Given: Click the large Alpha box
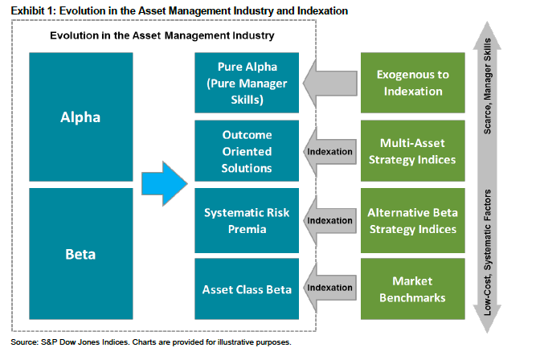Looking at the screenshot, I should click(x=80, y=117).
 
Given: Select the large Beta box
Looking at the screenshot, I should click(x=80, y=255).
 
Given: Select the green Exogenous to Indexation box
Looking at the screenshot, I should click(x=411, y=82).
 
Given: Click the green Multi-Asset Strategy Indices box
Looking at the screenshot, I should click(x=411, y=151).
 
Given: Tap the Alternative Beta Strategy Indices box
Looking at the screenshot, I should click(x=411, y=220).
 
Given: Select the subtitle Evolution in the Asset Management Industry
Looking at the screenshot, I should click(x=162, y=36).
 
